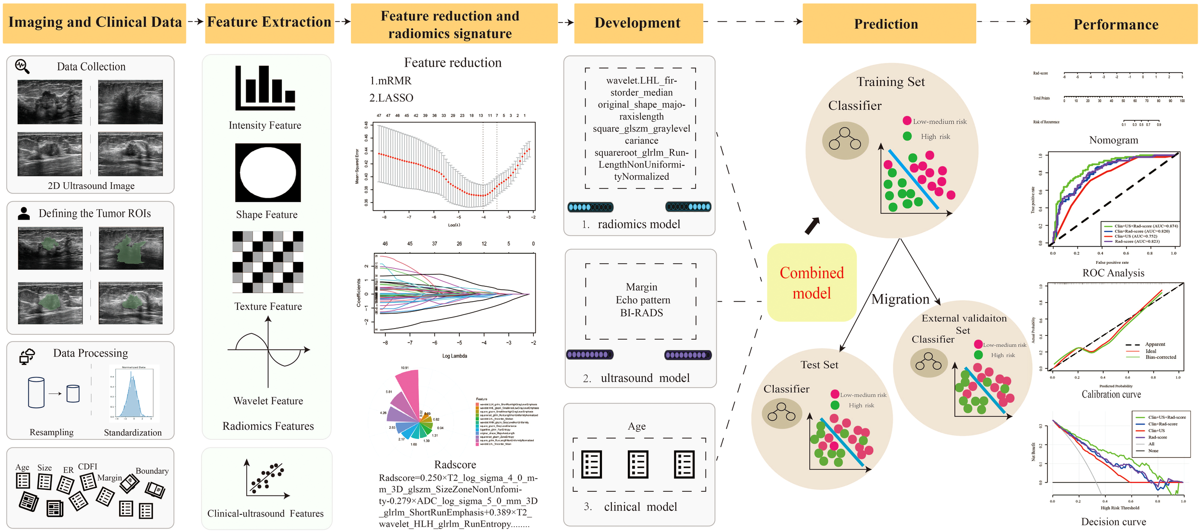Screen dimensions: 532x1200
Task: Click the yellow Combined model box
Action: [x=811, y=283]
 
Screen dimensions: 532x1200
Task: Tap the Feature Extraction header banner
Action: [x=269, y=23]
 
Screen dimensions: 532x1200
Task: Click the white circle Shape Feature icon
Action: [x=268, y=173]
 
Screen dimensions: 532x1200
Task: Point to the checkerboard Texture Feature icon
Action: [x=268, y=262]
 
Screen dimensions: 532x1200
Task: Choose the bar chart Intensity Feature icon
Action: [x=265, y=88]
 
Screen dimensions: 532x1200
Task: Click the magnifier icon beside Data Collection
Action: [x=22, y=66]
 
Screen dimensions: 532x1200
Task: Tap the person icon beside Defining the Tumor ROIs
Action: [x=24, y=213]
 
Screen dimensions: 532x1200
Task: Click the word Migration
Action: [x=900, y=299]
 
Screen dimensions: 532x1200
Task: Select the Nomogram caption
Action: [x=1113, y=140]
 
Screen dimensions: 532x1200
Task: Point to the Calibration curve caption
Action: [x=1111, y=394]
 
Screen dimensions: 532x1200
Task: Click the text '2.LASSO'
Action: [x=391, y=98]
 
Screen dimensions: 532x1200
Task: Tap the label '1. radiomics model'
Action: [x=631, y=225]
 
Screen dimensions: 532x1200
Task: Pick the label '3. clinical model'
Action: [x=630, y=507]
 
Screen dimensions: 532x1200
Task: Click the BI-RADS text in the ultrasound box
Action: [x=641, y=313]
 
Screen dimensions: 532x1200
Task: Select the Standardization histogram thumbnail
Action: [x=133, y=392]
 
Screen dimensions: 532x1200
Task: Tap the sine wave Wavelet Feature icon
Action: [x=268, y=352]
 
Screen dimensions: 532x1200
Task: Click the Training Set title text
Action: [x=890, y=82]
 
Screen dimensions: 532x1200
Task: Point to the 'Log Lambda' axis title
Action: [x=454, y=356]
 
